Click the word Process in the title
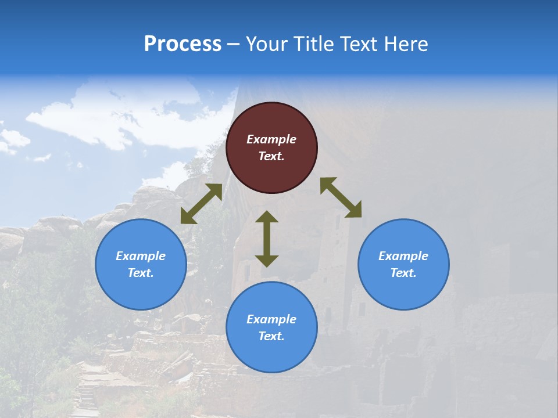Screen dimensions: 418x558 [x=183, y=44]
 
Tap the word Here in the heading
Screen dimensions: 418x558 [x=406, y=44]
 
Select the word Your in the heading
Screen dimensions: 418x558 [x=266, y=44]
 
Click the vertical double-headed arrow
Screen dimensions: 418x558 [x=267, y=239]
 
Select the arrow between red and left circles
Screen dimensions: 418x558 [x=201, y=204]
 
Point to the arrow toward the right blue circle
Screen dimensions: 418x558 [x=341, y=197]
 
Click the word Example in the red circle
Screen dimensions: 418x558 [x=271, y=139]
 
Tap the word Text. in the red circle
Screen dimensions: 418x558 [x=271, y=156]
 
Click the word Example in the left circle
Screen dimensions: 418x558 [x=141, y=256]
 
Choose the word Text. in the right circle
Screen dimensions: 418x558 [x=403, y=273]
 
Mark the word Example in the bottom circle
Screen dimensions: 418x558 [x=271, y=319]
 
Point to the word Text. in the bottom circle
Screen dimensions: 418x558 [x=271, y=336]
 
